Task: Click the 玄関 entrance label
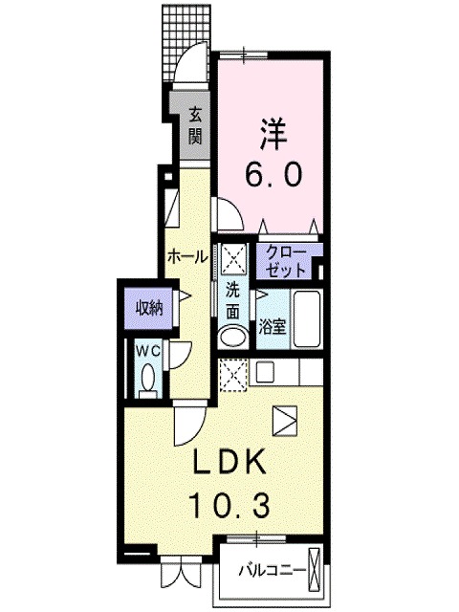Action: [195, 123]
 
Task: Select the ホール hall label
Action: [187, 255]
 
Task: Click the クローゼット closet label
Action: [286, 259]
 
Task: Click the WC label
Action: [147, 350]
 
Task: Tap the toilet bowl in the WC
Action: [148, 382]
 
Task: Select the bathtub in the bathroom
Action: [306, 321]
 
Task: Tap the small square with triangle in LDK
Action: [285, 418]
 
